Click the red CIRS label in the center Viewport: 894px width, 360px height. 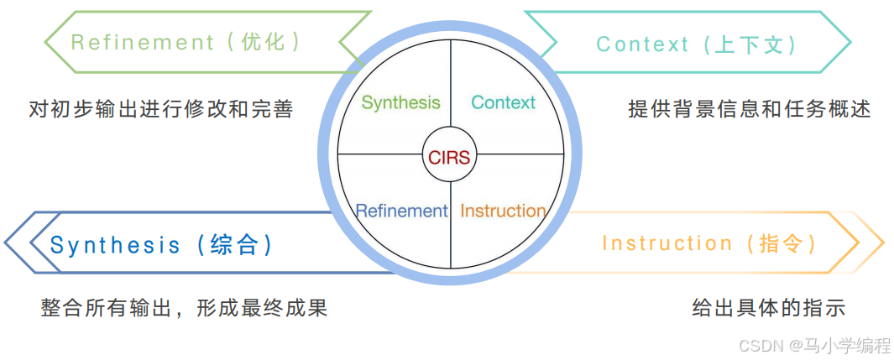[450, 157]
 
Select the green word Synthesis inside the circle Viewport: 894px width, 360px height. [400, 102]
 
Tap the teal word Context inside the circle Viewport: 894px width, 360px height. [503, 102]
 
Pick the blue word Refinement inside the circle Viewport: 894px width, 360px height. [401, 211]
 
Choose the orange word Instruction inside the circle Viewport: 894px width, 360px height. [503, 211]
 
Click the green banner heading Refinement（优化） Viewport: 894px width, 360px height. [186, 42]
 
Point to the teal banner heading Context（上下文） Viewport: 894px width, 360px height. [696, 44]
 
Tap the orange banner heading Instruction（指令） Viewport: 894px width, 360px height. [709, 243]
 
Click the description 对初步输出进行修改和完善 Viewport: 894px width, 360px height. [160, 109]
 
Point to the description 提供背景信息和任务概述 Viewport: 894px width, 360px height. [749, 109]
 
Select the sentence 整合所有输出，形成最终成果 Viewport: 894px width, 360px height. [184, 308]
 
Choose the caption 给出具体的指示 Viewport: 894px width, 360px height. [767, 307]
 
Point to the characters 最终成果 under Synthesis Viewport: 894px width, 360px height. [284, 308]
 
